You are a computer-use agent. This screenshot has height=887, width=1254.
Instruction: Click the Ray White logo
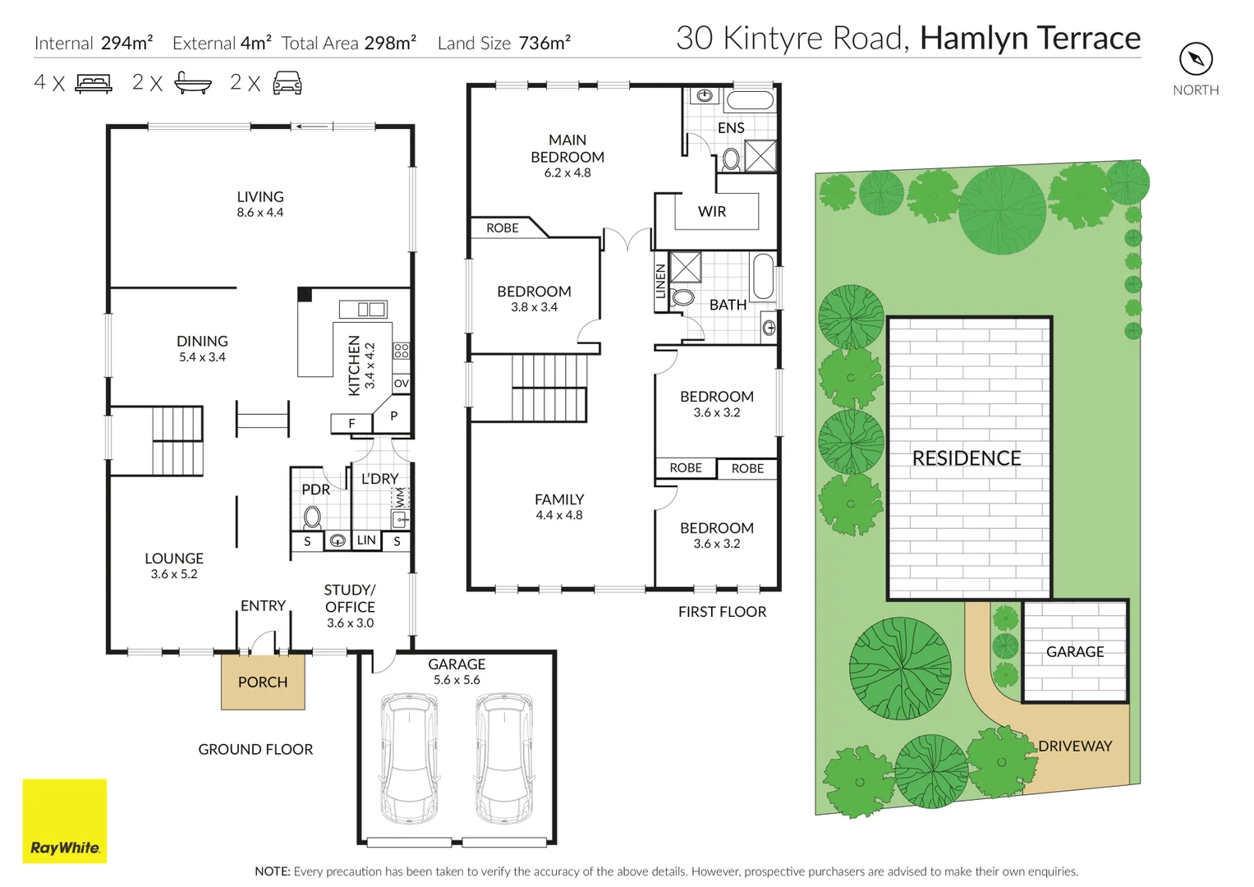point(64,820)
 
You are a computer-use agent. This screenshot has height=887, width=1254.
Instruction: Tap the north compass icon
point(1196,59)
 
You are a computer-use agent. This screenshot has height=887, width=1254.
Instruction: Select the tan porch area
point(263,682)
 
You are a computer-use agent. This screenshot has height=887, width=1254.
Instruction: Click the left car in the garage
point(409,757)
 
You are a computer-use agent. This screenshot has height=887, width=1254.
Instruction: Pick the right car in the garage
point(504,757)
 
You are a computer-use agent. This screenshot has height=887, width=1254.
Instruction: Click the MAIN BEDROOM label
point(567,149)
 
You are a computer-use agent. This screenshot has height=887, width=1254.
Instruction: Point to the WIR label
point(712,212)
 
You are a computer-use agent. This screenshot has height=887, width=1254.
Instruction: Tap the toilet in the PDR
point(312,517)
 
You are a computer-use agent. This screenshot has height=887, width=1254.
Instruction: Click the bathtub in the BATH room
point(763,277)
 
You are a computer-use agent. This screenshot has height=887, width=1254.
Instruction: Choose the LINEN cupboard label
point(661,281)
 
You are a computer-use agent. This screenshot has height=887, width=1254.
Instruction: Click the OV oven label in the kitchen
point(401,384)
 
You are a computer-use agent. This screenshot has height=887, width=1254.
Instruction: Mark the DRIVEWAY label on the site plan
point(1075,746)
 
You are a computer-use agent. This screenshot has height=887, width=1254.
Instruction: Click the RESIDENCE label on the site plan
point(967,458)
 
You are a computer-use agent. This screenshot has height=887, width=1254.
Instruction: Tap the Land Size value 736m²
point(544,43)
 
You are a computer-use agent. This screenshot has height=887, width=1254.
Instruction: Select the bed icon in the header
point(94,83)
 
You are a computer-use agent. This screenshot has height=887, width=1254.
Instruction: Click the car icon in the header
point(287,83)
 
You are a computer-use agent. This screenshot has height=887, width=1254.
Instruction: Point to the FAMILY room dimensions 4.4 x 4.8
point(559,516)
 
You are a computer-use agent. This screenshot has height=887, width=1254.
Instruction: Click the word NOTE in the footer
point(272,871)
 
